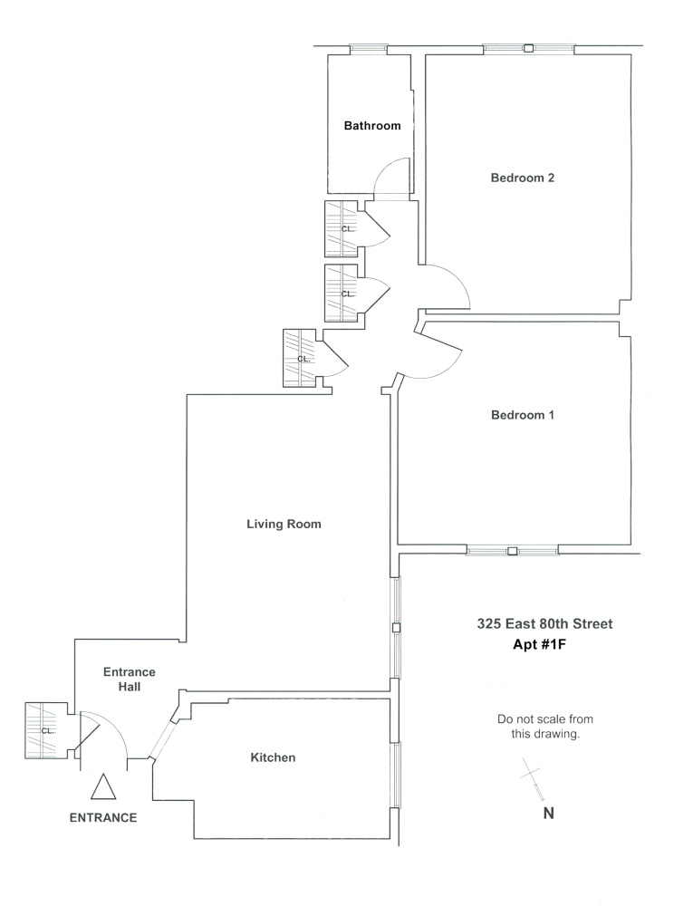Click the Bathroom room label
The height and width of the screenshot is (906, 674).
[x=371, y=126]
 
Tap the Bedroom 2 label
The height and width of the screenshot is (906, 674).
[x=522, y=178]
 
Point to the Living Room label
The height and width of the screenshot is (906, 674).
[x=284, y=524]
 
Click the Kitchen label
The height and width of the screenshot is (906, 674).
[x=273, y=757]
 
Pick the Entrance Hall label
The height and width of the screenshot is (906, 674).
[x=130, y=679]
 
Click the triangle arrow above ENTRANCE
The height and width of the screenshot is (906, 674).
[x=104, y=787]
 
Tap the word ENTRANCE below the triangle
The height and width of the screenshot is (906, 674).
[x=103, y=817]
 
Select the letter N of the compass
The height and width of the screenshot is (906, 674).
[x=548, y=813]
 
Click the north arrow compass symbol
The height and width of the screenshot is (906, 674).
[x=534, y=780]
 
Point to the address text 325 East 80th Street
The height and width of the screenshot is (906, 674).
[x=545, y=623]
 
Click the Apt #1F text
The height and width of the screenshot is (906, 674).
[x=545, y=646]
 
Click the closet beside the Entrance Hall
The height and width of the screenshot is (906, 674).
[x=45, y=729]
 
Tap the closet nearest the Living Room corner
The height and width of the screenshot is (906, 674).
[x=302, y=358]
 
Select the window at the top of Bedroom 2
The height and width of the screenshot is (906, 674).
[x=528, y=49]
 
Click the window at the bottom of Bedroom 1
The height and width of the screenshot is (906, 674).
[x=512, y=550]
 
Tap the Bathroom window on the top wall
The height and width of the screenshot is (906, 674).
[x=368, y=49]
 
